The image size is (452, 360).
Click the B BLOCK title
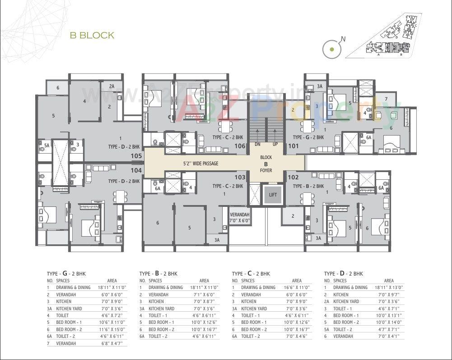(x=92, y=35)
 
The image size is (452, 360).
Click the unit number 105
(x=136, y=156)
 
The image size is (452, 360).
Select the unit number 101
(x=294, y=146)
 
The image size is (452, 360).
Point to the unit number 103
(x=240, y=178)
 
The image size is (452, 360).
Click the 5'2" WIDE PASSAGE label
(x=200, y=163)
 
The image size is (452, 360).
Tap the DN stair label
(x=257, y=145)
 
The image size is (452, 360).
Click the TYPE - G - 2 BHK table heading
(x=66, y=274)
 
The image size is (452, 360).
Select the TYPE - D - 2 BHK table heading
(x=344, y=274)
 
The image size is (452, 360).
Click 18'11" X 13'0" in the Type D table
(x=389, y=288)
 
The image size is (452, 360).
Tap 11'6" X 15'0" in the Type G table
(x=111, y=329)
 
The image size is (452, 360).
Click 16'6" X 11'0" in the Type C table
(x=296, y=288)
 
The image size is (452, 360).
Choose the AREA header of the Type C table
(x=297, y=281)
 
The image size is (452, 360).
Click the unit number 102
(x=294, y=178)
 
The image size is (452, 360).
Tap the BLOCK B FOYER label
(x=266, y=164)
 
